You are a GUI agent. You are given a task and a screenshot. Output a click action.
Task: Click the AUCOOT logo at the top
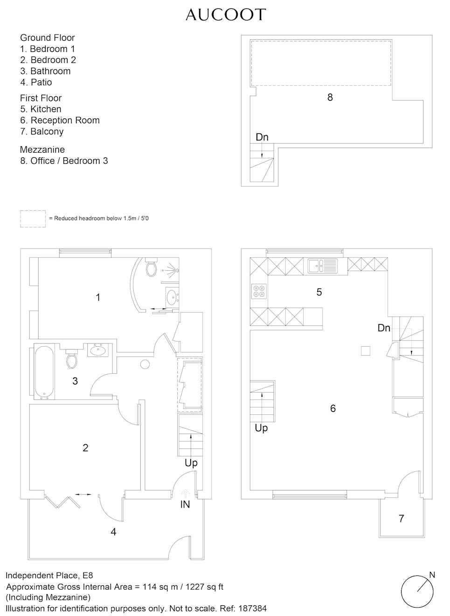click(x=226, y=14)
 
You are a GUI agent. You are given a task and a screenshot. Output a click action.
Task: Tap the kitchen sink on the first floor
click(x=323, y=266)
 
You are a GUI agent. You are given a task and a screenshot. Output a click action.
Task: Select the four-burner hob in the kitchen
click(x=259, y=291)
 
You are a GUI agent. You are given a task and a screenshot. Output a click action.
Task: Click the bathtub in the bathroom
click(x=44, y=372)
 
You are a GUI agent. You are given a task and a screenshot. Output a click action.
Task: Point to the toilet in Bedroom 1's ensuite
click(x=151, y=266)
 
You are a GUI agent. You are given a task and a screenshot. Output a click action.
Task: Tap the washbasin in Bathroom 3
click(x=98, y=350)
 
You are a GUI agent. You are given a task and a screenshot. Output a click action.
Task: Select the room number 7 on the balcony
click(x=402, y=518)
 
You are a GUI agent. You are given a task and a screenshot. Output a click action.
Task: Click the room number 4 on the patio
click(x=113, y=532)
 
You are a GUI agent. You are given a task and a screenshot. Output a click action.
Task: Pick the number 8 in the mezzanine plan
click(x=330, y=97)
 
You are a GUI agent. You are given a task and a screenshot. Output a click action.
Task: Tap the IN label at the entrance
click(x=185, y=504)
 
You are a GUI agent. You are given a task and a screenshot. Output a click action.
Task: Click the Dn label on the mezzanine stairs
click(x=262, y=137)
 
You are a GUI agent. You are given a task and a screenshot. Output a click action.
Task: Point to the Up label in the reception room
click(x=261, y=428)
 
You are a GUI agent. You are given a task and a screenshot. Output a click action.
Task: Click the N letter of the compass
click(x=432, y=575)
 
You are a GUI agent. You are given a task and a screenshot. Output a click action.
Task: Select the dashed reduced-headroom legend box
click(x=33, y=219)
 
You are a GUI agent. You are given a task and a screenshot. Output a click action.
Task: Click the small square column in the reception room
click(x=366, y=351)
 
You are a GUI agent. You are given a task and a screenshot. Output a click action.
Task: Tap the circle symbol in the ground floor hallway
click(x=145, y=364)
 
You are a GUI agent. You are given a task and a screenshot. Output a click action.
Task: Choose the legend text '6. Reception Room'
click(x=60, y=120)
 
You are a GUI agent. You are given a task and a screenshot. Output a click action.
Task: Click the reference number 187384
click(x=252, y=609)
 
